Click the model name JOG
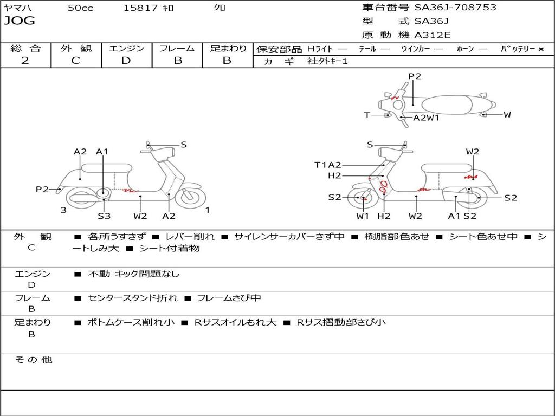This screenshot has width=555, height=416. click(20, 21)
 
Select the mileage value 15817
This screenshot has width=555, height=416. click(140, 8)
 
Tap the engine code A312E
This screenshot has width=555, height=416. click(433, 35)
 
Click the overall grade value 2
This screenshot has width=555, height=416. click(25, 61)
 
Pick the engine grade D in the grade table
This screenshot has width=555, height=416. click(126, 61)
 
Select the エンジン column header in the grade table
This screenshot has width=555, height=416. click(126, 49)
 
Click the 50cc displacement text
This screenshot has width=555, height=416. click(80, 8)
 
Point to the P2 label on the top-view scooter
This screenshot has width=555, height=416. click(415, 76)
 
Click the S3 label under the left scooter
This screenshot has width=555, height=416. click(104, 216)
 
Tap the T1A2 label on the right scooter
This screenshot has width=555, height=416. click(328, 165)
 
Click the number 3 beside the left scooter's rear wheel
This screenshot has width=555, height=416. click(63, 210)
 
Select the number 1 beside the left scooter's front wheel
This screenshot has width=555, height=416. click(207, 210)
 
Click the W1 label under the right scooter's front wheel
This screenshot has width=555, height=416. click(363, 216)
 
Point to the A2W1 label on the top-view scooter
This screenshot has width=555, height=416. click(426, 118)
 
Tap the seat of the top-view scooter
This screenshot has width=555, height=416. click(449, 105)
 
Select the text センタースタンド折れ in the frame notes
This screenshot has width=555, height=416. click(132, 298)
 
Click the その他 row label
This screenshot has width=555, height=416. click(33, 360)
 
